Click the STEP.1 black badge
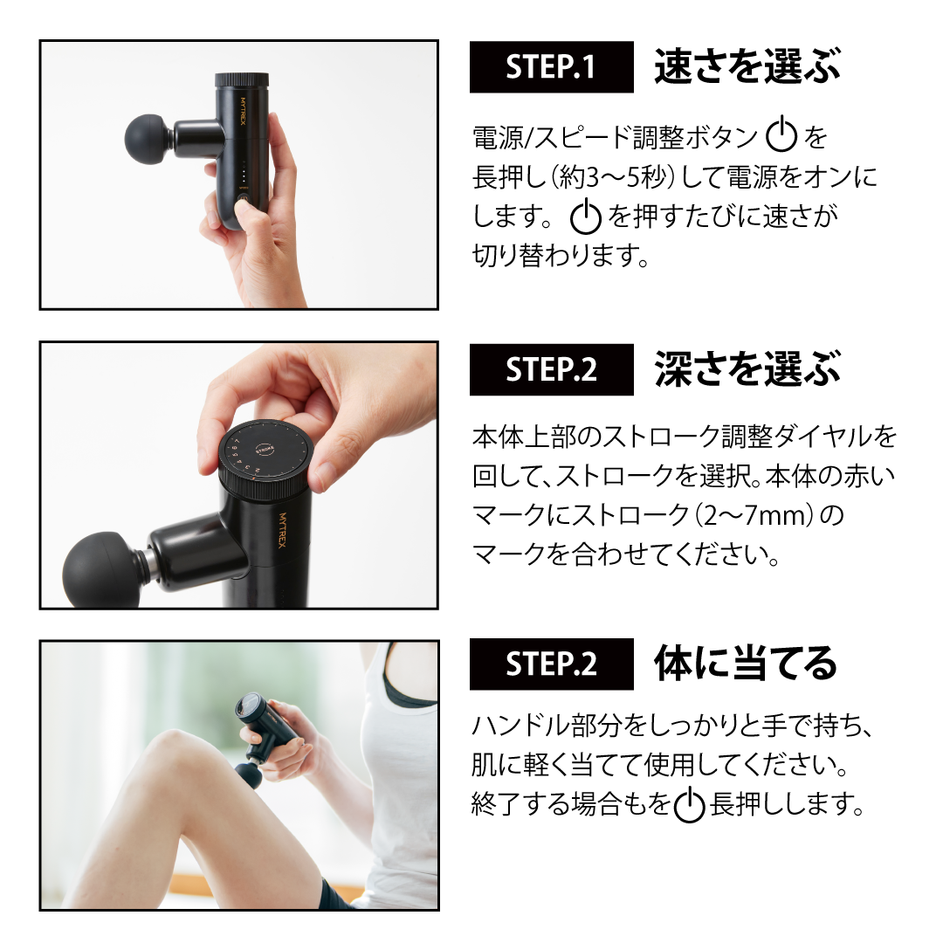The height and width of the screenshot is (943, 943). coord(551,67)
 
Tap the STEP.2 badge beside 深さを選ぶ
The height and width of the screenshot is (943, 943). coord(551,369)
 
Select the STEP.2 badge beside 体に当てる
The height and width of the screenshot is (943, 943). coord(551,664)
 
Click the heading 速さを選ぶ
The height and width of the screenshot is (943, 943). coord(747,67)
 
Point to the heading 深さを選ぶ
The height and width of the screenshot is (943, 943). coord(747,369)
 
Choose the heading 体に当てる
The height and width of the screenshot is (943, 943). coord(746,664)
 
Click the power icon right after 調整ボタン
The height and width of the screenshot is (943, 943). coord(781,137)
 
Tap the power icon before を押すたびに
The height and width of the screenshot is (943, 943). coord(585,217)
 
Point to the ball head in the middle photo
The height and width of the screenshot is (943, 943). coord(102,569)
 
